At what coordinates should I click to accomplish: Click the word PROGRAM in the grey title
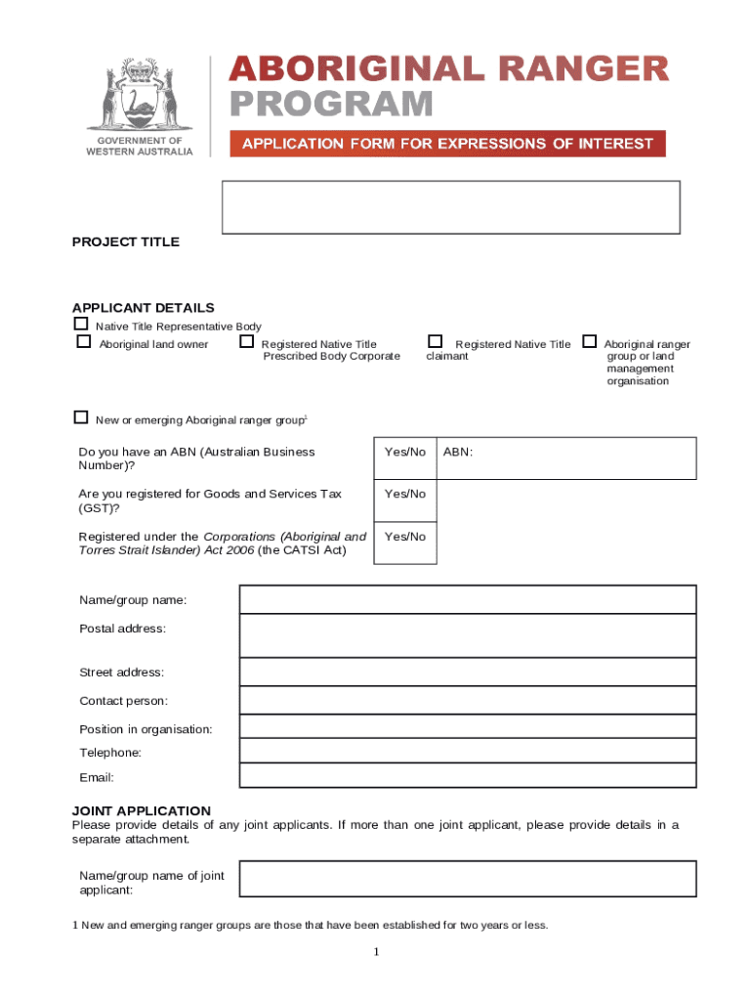[x=332, y=105]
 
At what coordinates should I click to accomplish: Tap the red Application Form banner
[x=447, y=144]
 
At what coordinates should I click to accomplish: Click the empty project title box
[x=450, y=207]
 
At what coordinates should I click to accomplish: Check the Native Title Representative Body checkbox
[x=81, y=324]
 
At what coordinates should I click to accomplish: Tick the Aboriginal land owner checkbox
[x=84, y=342]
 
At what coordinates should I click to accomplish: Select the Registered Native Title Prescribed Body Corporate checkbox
[x=247, y=342]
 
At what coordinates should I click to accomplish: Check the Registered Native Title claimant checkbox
[x=436, y=341]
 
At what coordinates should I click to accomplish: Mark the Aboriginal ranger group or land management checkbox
[x=589, y=342]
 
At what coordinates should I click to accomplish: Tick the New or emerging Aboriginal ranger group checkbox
[x=81, y=417]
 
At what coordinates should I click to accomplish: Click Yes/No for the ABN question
[x=405, y=452]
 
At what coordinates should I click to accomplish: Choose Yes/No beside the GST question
[x=405, y=494]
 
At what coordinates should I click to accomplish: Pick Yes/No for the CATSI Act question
[x=405, y=537]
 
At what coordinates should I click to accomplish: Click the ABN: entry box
[x=566, y=457]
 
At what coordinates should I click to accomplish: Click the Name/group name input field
[x=468, y=599]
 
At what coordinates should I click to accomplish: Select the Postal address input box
[x=468, y=635]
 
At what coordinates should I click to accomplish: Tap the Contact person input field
[x=468, y=700]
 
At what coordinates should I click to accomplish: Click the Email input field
[x=468, y=776]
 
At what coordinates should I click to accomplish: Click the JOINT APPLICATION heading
[x=142, y=810]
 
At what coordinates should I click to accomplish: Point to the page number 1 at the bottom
[x=376, y=953]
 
